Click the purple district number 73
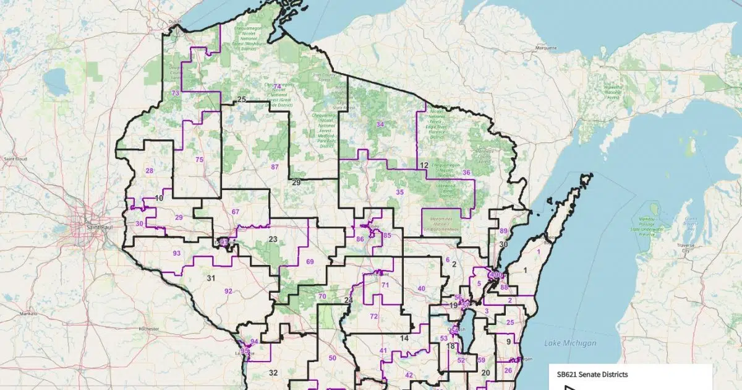[176, 93]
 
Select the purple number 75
[199, 160]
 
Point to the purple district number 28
[149, 170]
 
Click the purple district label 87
[275, 167]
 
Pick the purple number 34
[380, 124]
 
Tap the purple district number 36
[466, 173]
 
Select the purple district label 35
[400, 193]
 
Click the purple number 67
[235, 212]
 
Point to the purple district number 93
[177, 253]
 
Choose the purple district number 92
[228, 291]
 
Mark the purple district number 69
[310, 262]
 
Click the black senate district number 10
[159, 198]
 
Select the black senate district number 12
[424, 166]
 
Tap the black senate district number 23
[273, 239]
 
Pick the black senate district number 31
[211, 278]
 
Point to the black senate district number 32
[273, 373]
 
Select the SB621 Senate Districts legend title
[592, 375]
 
